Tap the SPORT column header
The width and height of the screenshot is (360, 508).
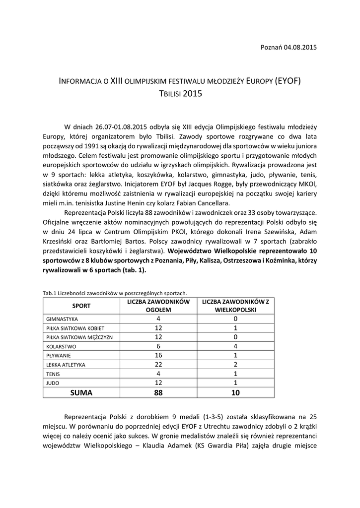pos(81,306)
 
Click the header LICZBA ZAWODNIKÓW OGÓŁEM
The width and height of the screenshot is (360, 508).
pos(158,306)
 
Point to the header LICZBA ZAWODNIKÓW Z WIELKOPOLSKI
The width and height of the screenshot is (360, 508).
pos(235,306)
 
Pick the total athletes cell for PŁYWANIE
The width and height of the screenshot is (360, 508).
pos(158,355)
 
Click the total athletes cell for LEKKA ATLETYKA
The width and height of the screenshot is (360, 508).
pos(158,365)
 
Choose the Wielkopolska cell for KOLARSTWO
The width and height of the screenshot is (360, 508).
pos(235,346)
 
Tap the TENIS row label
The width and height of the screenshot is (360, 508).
pos(53,374)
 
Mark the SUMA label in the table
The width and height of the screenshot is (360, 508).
pos(81,392)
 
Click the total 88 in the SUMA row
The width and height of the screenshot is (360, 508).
pos(158,392)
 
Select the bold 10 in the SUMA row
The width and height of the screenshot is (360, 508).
pos(235,392)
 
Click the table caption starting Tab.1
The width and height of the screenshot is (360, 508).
pos(115,293)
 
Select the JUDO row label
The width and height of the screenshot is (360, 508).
pos(52,382)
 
